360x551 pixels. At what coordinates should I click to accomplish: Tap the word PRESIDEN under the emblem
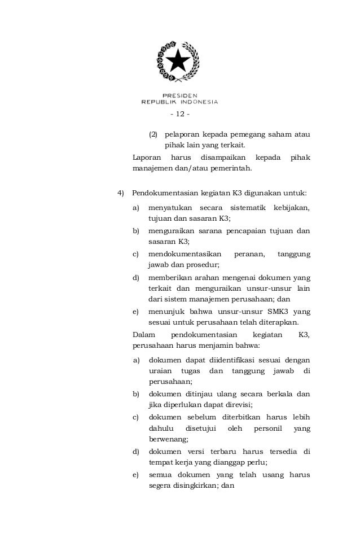[x=179, y=95]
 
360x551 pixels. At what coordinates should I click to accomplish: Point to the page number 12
[x=179, y=115]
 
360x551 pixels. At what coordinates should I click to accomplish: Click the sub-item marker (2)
[x=152, y=135]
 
